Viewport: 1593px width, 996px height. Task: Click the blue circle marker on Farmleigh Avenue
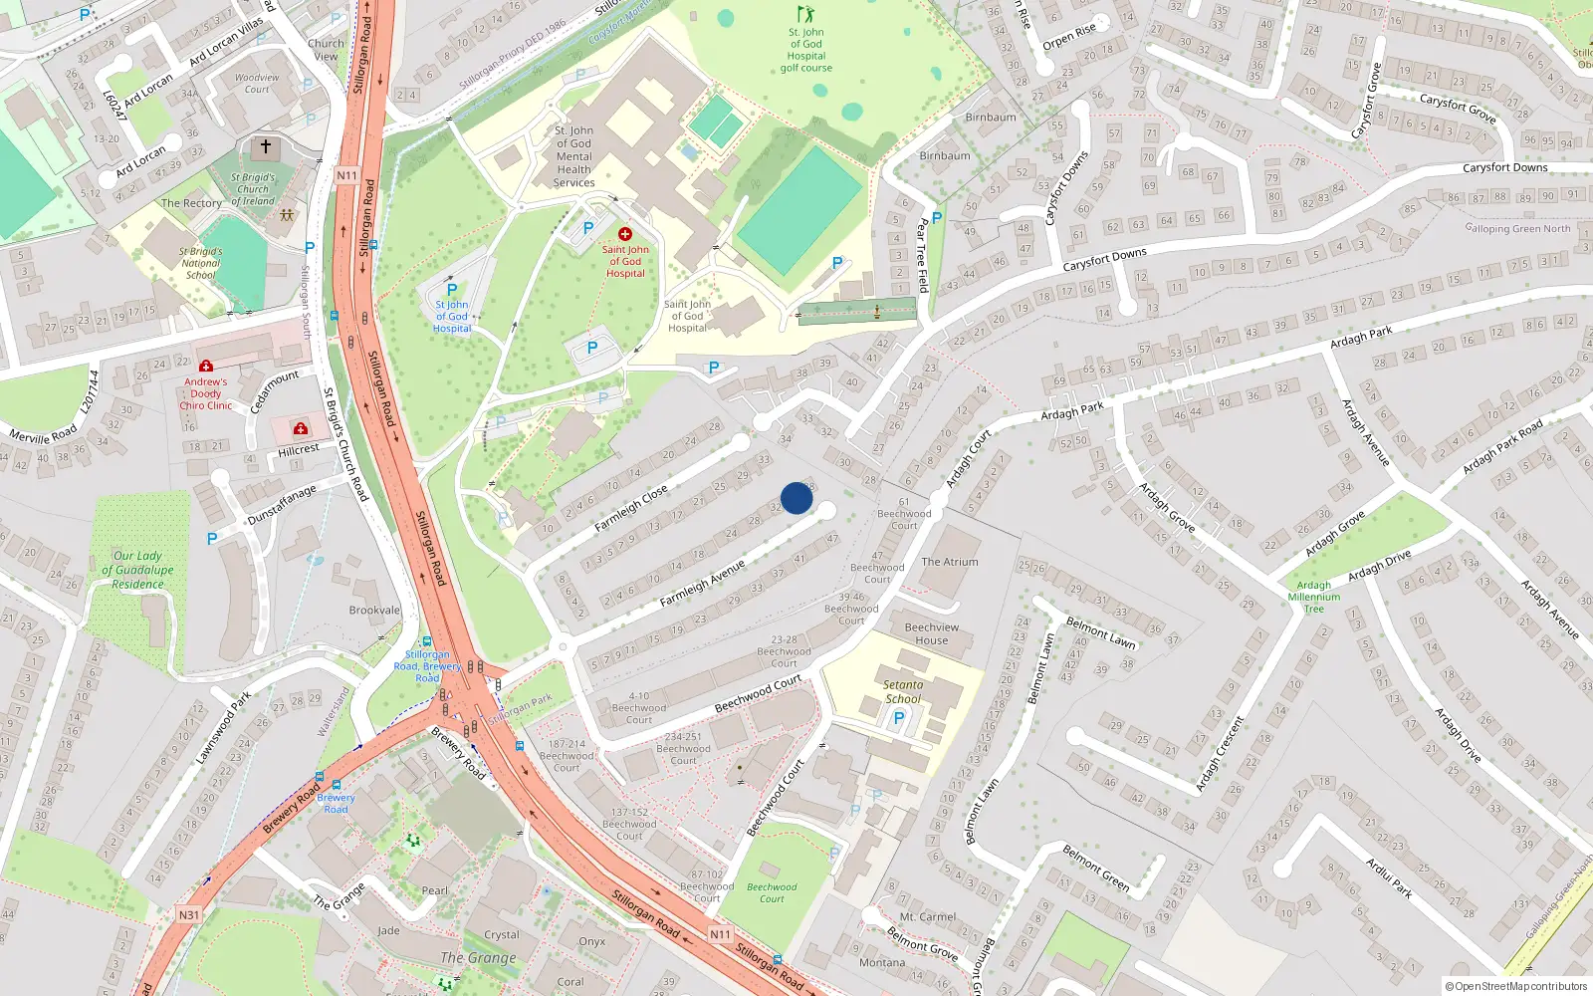pyautogui.click(x=796, y=498)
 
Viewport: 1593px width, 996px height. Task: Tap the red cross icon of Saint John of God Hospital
pyautogui.click(x=625, y=234)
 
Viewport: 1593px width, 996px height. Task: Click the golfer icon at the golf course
pyautogui.click(x=804, y=14)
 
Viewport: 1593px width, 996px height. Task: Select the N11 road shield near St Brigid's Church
pyautogui.click(x=346, y=175)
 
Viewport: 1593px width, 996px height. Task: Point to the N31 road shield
pyautogui.click(x=188, y=914)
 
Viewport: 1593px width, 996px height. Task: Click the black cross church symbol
pyautogui.click(x=265, y=147)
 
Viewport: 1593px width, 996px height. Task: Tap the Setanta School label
pyautogui.click(x=903, y=691)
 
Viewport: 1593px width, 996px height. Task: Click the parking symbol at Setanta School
pyautogui.click(x=899, y=717)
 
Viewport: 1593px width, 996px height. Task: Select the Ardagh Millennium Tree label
pyautogui.click(x=1314, y=597)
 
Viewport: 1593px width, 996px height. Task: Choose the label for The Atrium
pyautogui.click(x=950, y=562)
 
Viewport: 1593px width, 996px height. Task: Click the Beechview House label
pyautogui.click(x=932, y=633)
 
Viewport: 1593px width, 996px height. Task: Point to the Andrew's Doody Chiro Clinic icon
pyautogui.click(x=206, y=367)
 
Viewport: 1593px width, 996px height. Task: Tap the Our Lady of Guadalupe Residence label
pyautogui.click(x=138, y=570)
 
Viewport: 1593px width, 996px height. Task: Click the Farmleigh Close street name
pyautogui.click(x=631, y=508)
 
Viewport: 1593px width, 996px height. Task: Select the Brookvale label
pyautogui.click(x=374, y=611)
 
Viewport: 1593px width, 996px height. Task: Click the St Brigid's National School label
pyautogui.click(x=201, y=263)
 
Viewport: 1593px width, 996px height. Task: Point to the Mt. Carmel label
pyautogui.click(x=928, y=916)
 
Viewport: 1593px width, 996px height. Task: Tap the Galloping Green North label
pyautogui.click(x=1518, y=228)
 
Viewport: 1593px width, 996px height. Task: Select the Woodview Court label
pyautogui.click(x=257, y=83)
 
